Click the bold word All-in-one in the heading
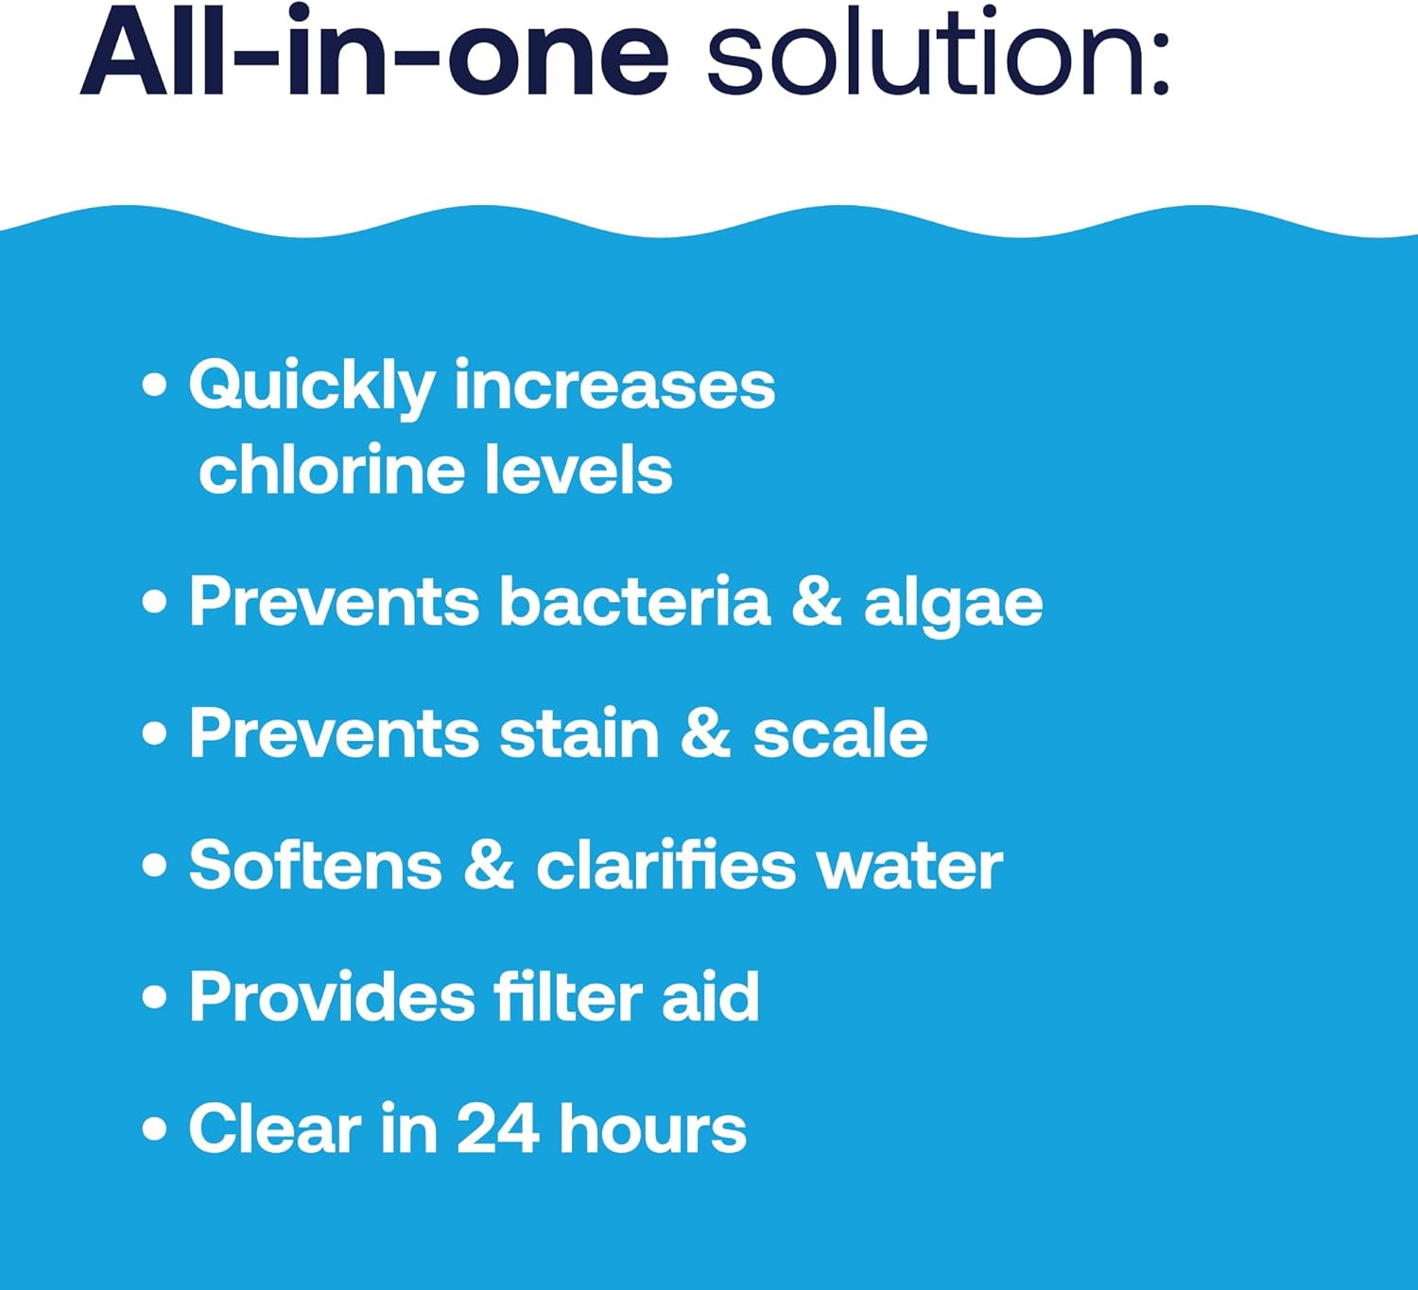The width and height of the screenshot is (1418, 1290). point(374,52)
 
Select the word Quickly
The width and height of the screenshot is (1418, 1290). point(312,388)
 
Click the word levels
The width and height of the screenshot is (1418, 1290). point(579,471)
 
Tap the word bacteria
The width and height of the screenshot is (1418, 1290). point(634,602)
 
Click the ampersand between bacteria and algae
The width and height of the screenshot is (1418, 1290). point(817,602)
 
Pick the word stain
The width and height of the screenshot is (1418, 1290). point(579,733)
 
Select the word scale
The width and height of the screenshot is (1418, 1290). point(839,733)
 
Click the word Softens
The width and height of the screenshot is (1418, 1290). point(315,865)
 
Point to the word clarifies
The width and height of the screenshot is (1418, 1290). point(666,865)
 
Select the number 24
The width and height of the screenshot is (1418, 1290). point(498,1128)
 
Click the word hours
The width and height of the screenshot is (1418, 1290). point(653,1128)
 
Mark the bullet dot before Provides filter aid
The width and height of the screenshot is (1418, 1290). point(154,997)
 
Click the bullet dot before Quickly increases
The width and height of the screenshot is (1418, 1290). point(154,386)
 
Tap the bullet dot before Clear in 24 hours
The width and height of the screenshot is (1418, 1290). point(154,1128)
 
